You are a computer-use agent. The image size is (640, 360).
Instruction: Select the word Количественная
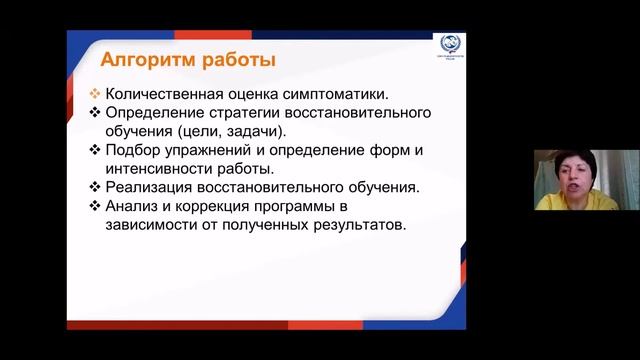pos(162,93)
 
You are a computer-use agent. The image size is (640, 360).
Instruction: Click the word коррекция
pos(212,206)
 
